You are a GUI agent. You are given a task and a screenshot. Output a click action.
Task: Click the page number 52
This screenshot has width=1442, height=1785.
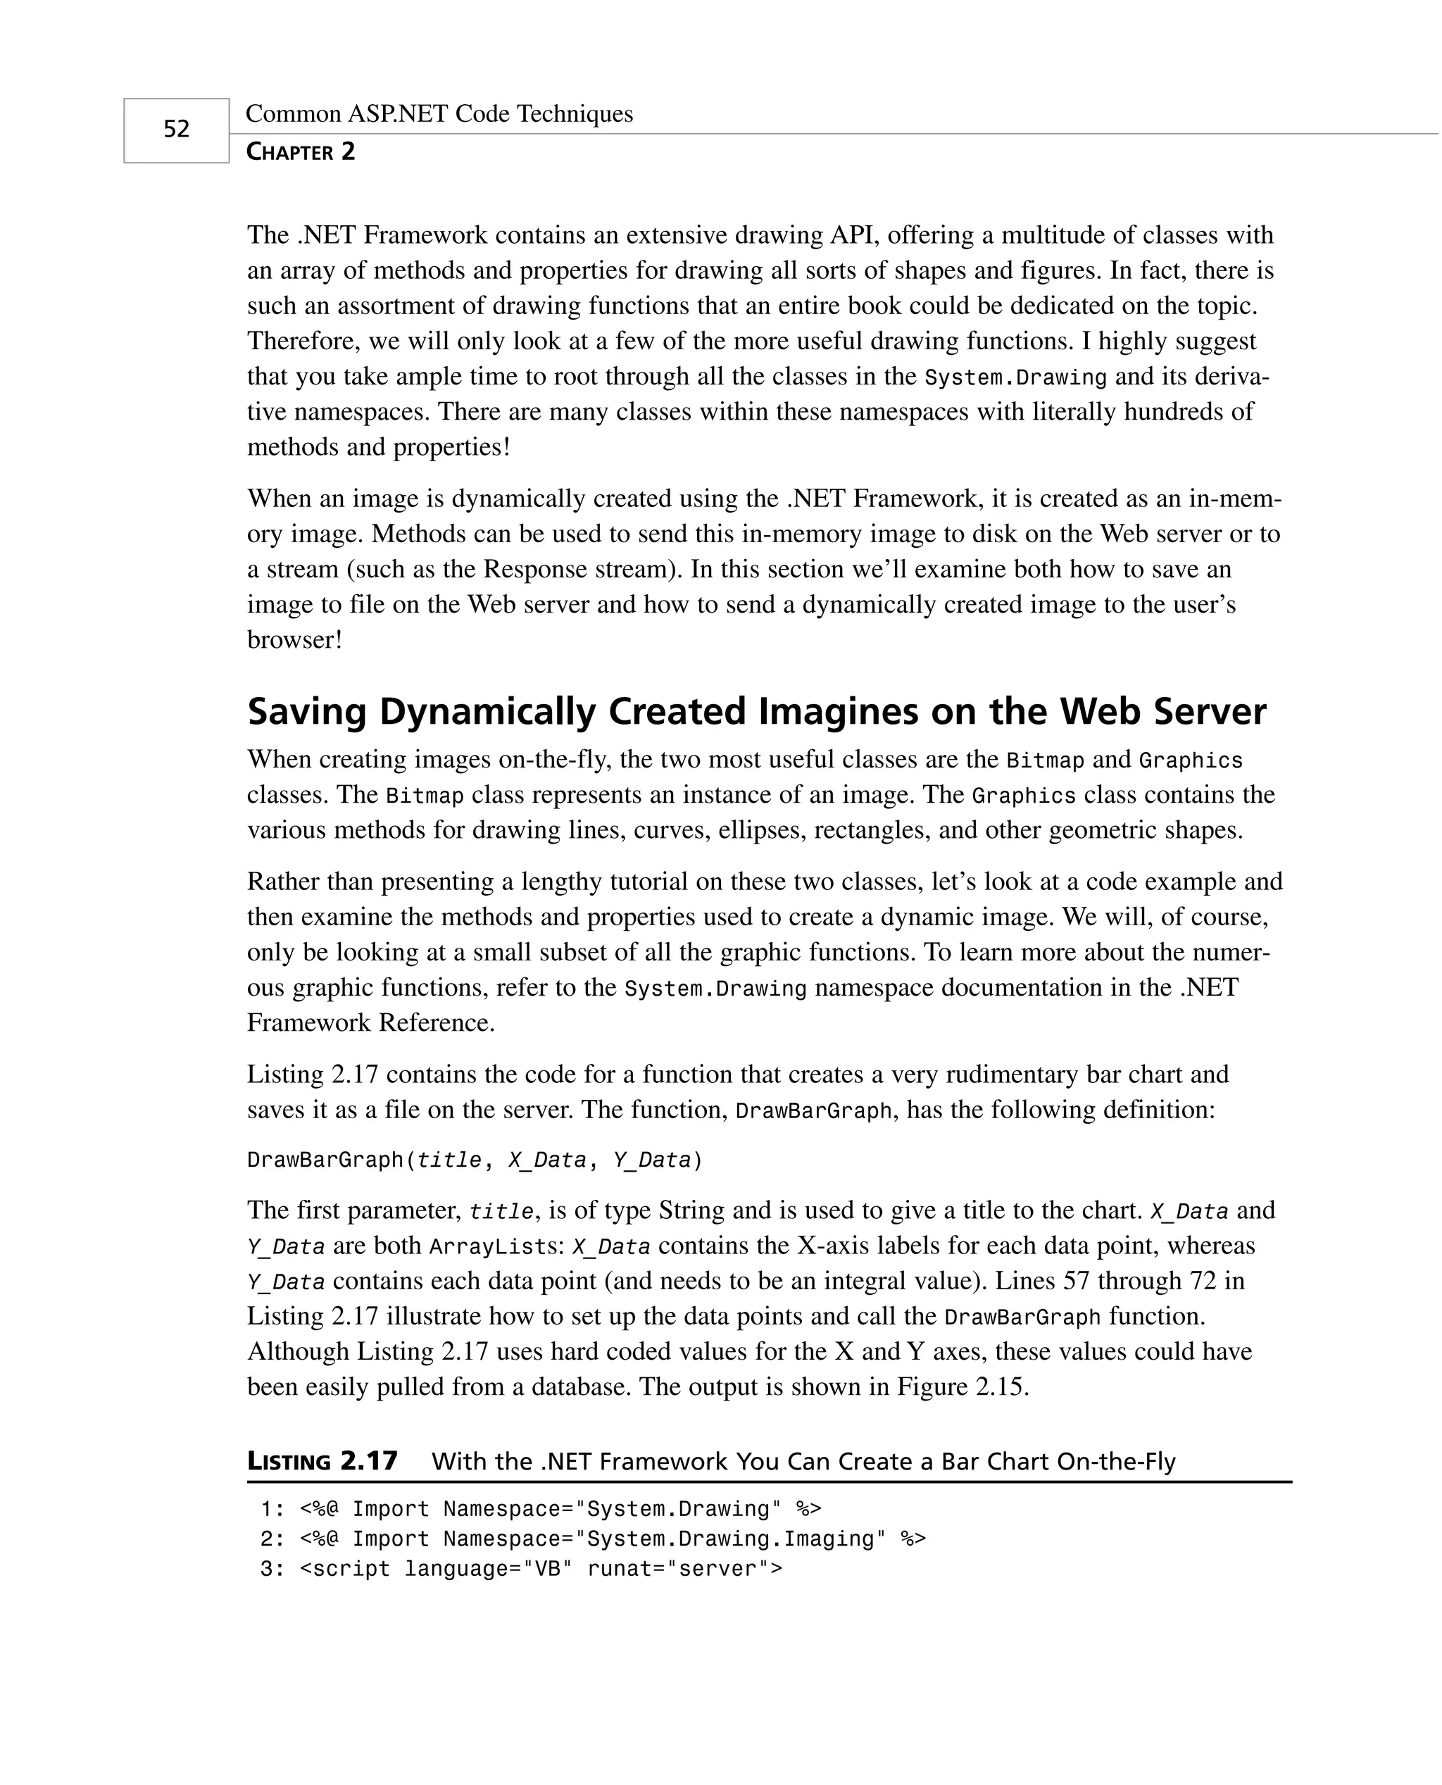176,129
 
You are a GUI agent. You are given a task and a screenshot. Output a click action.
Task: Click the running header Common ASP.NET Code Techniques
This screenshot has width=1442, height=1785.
439,114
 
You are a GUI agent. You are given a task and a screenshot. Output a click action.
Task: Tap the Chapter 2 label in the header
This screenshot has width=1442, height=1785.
301,152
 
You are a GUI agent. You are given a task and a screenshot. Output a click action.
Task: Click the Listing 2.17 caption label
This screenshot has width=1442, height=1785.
322,1461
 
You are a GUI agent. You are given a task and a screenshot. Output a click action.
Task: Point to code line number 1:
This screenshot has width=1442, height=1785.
272,1509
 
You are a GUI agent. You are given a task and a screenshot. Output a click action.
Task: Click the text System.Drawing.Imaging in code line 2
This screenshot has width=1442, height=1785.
731,1539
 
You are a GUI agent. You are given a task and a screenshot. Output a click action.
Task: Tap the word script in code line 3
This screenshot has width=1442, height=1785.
351,1569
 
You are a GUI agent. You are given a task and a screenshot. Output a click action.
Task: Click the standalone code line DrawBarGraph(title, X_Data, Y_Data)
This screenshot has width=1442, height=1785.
475,1160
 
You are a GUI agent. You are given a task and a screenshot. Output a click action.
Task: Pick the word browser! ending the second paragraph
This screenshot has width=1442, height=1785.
294,640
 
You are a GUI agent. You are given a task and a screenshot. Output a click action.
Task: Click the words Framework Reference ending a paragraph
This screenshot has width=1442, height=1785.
370,1022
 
